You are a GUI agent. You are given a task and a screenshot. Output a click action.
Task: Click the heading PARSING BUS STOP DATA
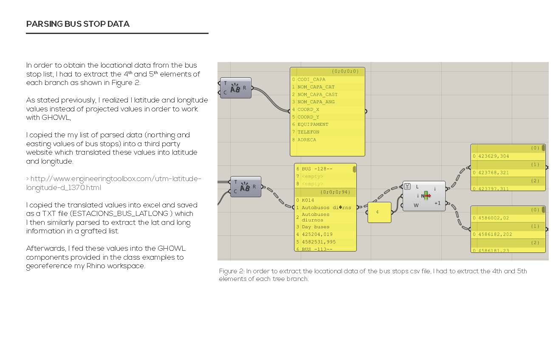[x=78, y=24]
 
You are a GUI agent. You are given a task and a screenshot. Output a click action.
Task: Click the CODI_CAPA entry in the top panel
[x=311, y=79]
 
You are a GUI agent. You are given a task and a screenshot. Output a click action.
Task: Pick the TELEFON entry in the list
[x=308, y=132]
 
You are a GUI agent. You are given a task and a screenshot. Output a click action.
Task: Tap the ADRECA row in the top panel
[x=307, y=140]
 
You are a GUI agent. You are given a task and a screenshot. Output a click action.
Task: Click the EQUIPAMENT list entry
[x=313, y=125]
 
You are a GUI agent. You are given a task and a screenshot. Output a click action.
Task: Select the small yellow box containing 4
[x=379, y=212]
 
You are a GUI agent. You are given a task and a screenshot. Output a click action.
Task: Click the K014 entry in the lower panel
[x=308, y=200]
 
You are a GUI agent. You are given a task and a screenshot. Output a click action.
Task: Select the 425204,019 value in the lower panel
[x=317, y=235]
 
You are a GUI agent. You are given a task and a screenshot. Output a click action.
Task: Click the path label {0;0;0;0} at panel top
[x=346, y=71]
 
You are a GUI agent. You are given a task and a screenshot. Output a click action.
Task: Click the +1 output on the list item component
[x=437, y=204]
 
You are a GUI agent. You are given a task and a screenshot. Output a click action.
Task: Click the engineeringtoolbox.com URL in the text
[x=113, y=183]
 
